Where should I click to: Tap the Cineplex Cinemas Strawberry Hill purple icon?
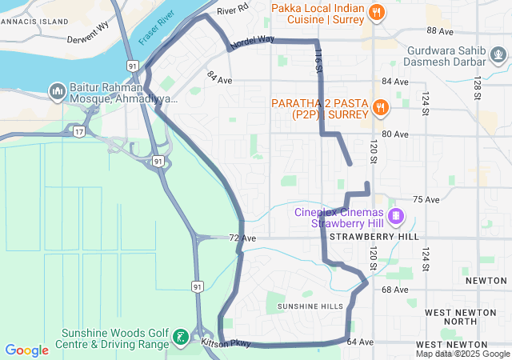click(x=395, y=217)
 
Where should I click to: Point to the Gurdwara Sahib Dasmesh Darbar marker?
click(x=499, y=55)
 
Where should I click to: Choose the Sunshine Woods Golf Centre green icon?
click(x=182, y=338)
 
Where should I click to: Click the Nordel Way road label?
click(x=252, y=42)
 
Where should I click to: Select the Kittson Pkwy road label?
click(x=226, y=343)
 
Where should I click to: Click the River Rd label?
click(x=233, y=10)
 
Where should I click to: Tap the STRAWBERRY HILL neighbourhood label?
click(x=374, y=238)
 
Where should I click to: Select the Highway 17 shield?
click(x=78, y=130)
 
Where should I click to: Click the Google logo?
click(x=27, y=350)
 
